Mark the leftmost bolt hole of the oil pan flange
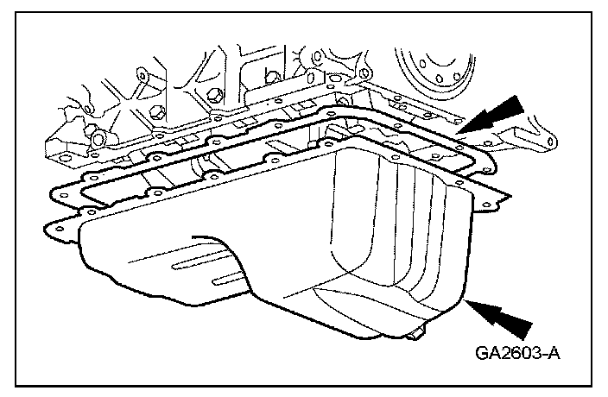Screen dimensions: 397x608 click(59, 229)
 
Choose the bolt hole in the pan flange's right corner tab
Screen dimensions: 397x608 click(484, 205)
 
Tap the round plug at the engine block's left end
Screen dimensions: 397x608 click(98, 137)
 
